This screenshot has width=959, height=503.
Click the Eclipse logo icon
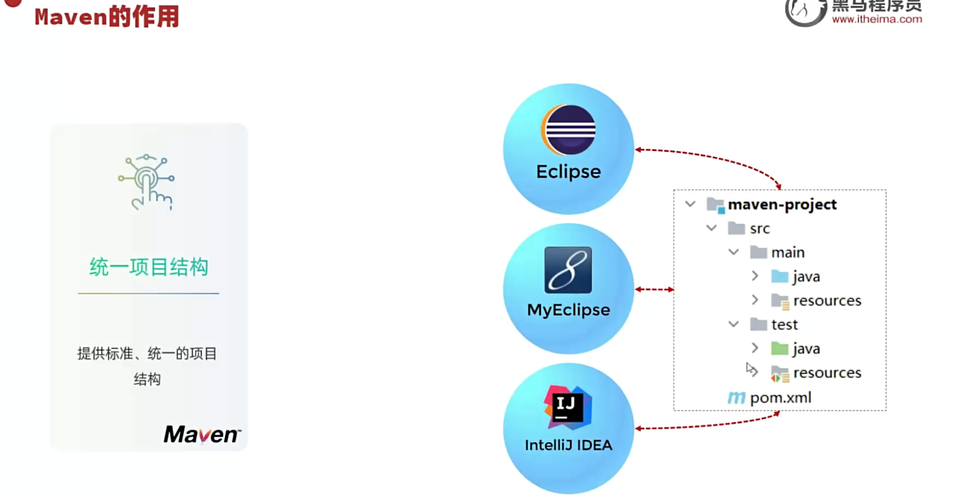568,130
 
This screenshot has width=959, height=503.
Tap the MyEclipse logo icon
568,270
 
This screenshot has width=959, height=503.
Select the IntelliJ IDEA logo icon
567,407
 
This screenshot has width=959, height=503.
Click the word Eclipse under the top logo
568,172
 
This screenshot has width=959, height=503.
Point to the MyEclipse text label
568,310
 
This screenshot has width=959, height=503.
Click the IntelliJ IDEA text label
568,445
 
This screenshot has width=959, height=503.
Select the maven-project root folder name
782,205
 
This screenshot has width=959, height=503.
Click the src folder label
760,229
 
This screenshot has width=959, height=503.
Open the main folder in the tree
787,253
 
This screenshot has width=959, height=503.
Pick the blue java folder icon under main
779,277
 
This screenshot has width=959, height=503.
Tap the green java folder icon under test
779,348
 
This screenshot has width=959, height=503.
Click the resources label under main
827,301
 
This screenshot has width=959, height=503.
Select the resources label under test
827,373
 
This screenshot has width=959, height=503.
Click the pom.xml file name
781,398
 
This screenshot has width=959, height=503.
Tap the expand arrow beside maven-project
690,204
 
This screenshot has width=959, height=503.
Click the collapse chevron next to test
734,324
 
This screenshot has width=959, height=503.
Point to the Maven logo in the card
202,435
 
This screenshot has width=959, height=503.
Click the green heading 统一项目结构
149,267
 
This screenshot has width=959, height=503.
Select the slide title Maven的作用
107,17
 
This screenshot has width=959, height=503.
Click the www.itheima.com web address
877,19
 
